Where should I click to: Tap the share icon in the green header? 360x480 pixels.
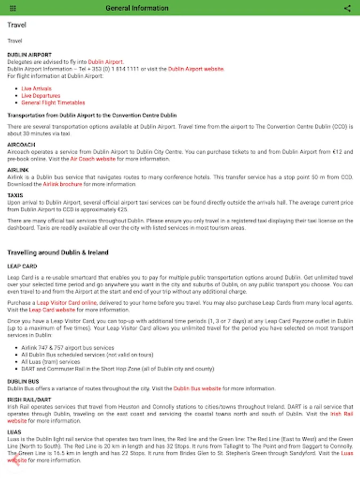(347, 8)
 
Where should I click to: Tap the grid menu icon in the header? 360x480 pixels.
(13, 8)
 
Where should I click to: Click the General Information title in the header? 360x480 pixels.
(137, 8)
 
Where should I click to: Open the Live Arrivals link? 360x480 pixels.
(36, 89)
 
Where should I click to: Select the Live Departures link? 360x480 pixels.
(41, 95)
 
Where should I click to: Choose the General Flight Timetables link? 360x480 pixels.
(53, 102)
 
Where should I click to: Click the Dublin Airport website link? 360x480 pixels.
(196, 69)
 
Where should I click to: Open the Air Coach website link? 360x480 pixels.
(93, 158)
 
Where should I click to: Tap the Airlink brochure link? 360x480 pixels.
(62, 184)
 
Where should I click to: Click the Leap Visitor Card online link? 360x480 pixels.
(67, 302)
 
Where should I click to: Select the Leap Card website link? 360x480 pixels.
(52, 309)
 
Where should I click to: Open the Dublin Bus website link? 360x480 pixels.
(197, 388)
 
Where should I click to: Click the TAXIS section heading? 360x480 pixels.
(15, 196)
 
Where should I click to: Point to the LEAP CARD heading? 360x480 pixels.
(22, 266)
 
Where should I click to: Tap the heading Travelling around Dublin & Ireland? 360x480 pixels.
(58, 252)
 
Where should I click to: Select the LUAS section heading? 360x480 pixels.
(14, 431)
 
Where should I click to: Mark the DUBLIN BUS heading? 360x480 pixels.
(23, 381)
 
